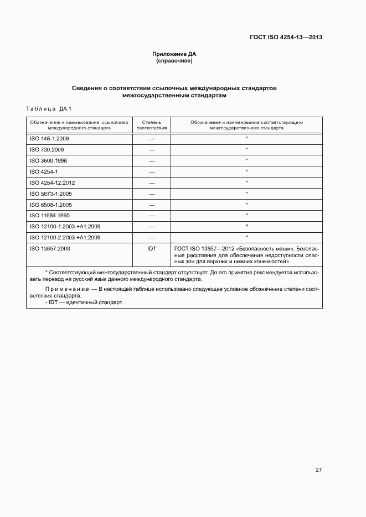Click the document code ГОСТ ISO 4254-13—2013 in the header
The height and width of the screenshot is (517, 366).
pos(286,38)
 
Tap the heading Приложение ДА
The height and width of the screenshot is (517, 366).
pos(174,54)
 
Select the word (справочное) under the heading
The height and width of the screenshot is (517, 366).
pos(174,61)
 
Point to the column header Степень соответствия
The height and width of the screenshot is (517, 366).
pos(151,124)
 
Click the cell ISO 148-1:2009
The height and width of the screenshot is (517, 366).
pos(49,139)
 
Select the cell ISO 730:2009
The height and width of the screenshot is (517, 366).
pos(47,150)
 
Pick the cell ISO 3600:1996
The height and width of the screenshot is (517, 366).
pos(48,160)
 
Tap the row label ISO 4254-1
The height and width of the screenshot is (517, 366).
pos(44,171)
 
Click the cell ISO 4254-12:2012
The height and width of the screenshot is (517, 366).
pos(52,182)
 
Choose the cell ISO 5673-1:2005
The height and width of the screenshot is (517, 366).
pos(50,194)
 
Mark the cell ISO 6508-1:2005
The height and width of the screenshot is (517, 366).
pos(50,205)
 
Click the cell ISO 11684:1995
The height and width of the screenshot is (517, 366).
pos(49,215)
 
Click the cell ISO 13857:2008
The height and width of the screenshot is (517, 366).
pos(49,248)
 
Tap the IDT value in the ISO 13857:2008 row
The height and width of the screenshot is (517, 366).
pos(151,248)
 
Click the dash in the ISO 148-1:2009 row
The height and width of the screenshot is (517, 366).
pos(151,139)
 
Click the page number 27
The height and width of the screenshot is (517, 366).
pos(318,470)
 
